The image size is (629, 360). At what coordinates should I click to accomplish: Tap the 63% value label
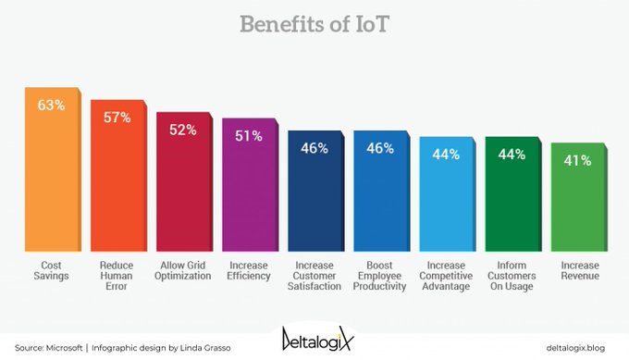click(x=51, y=106)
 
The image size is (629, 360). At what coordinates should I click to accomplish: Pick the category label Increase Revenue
click(x=577, y=270)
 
